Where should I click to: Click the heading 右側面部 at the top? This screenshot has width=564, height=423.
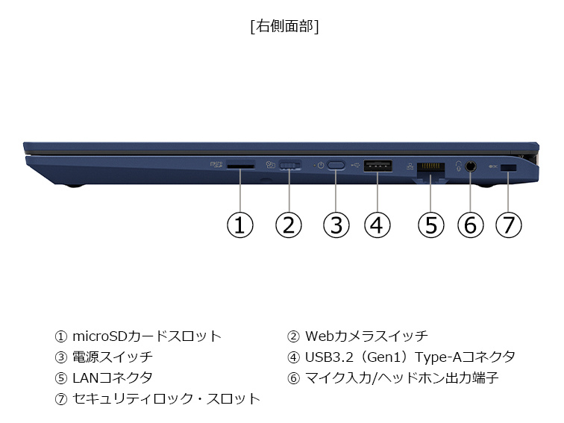point(284,26)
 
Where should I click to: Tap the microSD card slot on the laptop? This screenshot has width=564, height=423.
point(241,166)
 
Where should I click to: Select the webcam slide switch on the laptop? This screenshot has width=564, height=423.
point(290,166)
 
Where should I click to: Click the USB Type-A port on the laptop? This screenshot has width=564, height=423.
point(377,166)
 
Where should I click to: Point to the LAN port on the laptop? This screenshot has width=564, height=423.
point(430,169)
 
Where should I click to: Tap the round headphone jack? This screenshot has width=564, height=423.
point(470,166)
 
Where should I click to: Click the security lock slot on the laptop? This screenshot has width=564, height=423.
point(509,168)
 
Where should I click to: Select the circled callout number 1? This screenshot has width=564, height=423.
point(240,225)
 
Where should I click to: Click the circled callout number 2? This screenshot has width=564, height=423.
point(289,225)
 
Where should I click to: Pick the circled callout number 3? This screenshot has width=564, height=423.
point(336,225)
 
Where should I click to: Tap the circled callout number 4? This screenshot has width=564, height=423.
point(377,225)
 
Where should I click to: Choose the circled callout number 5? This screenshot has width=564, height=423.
point(431,225)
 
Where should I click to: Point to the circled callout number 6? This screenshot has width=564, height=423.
point(471,225)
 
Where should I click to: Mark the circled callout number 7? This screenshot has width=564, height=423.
point(508,225)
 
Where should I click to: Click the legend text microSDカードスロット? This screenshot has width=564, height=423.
point(147,336)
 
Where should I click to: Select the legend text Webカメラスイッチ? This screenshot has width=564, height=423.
point(366,336)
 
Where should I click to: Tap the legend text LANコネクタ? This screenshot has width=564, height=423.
point(113,377)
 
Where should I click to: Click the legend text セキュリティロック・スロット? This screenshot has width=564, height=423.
point(166,398)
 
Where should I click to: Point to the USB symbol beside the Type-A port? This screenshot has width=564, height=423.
point(355,166)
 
